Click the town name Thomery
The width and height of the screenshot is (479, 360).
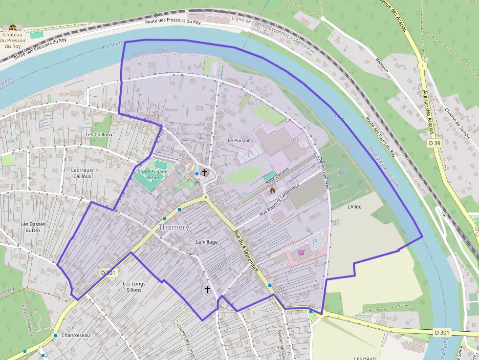(174, 227)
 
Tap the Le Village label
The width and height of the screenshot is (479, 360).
(206, 242)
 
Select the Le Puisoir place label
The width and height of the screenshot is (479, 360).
(239, 140)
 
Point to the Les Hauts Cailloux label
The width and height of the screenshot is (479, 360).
(82, 173)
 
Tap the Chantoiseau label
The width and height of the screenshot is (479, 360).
(76, 335)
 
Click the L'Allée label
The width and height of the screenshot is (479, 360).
(354, 207)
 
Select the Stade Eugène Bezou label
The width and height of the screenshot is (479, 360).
(152, 175)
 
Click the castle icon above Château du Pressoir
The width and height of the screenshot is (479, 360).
(13, 28)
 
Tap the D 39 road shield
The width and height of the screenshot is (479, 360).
(435, 143)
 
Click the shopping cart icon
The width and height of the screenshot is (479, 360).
(301, 252)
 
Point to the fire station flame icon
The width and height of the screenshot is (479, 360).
(273, 191)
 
